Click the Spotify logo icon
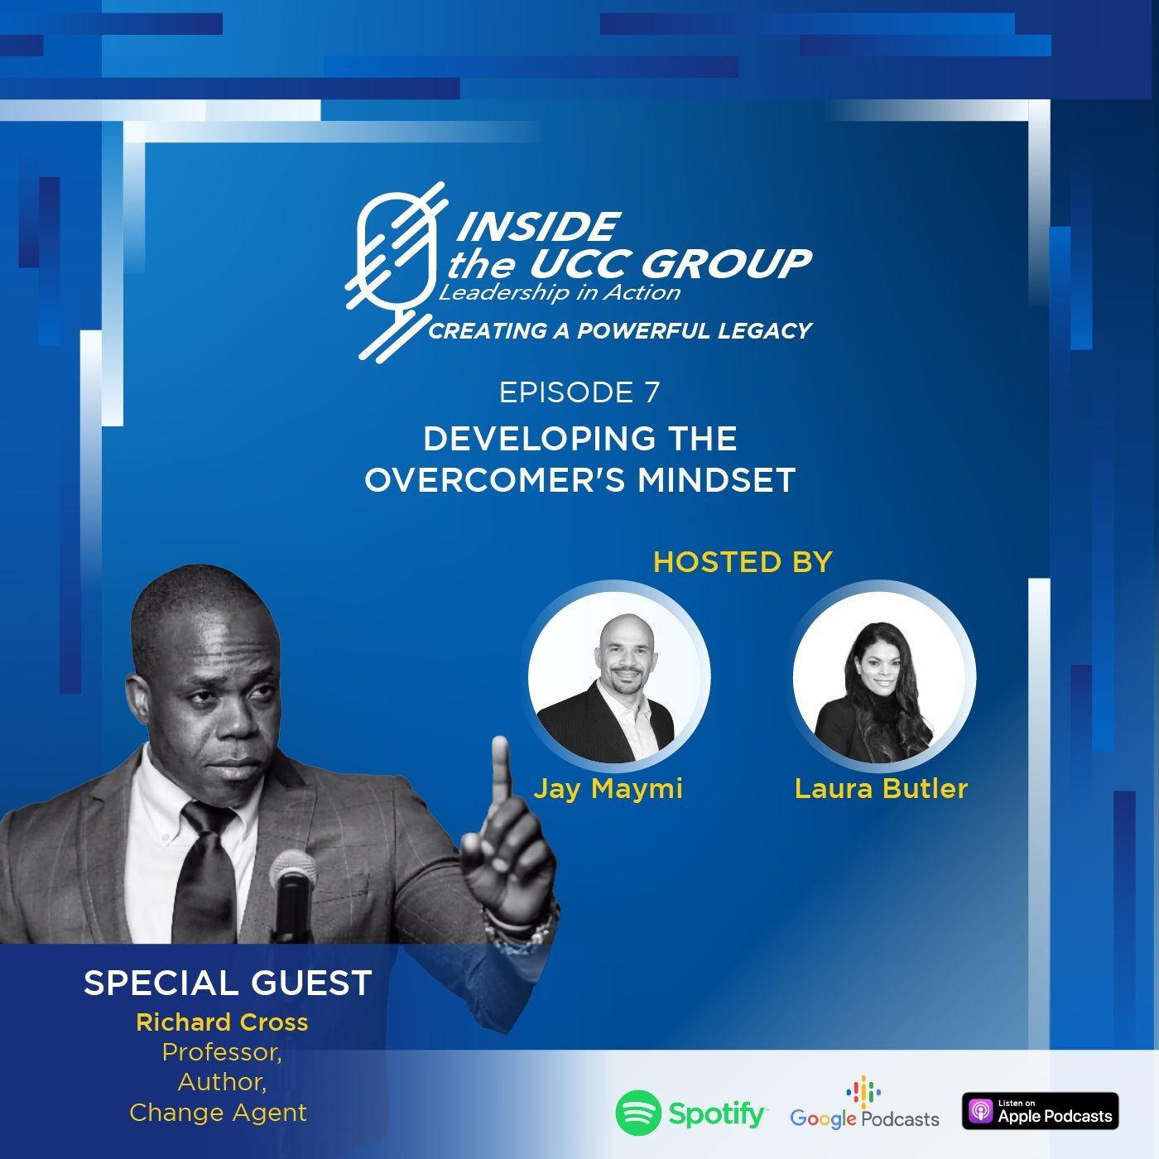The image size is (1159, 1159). pyautogui.click(x=638, y=1113)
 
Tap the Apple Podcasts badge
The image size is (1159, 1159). pyautogui.click(x=1040, y=1111)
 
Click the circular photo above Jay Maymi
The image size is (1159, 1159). pyautogui.click(x=619, y=676)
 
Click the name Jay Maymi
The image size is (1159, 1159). pyautogui.click(x=608, y=789)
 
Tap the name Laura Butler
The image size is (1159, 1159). pyautogui.click(x=881, y=788)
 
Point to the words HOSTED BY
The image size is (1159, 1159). pyautogui.click(x=743, y=562)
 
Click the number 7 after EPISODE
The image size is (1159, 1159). pyautogui.click(x=652, y=392)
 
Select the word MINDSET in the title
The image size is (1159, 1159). pyautogui.click(x=717, y=480)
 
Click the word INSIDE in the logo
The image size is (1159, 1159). pyautogui.click(x=538, y=227)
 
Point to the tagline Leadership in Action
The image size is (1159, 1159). pyautogui.click(x=560, y=293)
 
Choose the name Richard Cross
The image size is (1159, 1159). pyautogui.click(x=222, y=1022)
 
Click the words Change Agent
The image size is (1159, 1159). pyautogui.click(x=219, y=1113)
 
